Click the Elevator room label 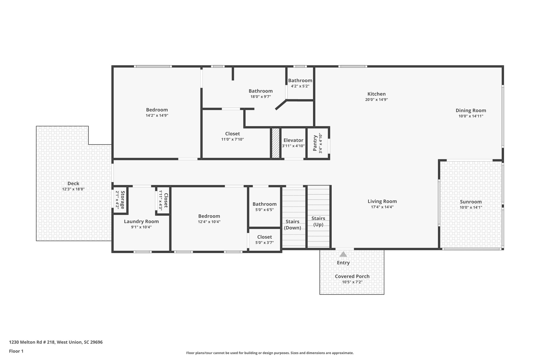(293, 140)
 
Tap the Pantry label (315, 143)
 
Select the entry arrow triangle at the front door (343, 254)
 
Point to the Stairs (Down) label (292, 224)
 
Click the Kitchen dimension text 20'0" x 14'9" (376, 100)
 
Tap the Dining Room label (471, 111)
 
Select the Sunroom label (471, 202)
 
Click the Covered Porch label (352, 276)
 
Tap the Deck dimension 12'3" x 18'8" (73, 189)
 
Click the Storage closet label (122, 200)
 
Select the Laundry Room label (141, 222)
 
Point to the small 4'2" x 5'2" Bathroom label (300, 80)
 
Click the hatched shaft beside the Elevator (276, 143)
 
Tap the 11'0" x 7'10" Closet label (232, 134)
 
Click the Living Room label (382, 201)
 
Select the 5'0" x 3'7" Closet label (264, 237)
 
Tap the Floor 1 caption (16, 351)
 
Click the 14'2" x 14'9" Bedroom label (157, 110)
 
